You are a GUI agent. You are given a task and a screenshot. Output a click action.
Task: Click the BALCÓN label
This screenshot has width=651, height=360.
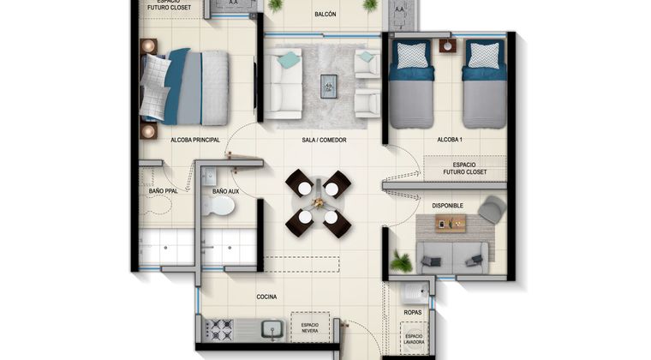(325, 14)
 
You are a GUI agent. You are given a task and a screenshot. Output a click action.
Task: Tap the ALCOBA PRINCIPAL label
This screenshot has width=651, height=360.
(195, 140)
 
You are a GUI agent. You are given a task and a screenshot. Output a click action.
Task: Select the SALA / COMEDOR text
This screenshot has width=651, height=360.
(324, 140)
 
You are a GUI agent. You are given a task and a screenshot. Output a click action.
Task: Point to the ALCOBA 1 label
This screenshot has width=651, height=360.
(450, 140)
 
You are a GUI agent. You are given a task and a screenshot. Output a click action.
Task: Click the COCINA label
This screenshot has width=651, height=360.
(266, 297)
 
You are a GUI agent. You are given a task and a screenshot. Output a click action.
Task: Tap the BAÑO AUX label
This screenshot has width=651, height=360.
(225, 191)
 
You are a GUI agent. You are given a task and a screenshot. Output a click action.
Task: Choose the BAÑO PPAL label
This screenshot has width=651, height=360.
(163, 191)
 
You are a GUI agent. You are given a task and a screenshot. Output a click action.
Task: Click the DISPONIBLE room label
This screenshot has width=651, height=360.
(447, 206)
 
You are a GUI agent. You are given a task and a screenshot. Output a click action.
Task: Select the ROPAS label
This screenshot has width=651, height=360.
(412, 312)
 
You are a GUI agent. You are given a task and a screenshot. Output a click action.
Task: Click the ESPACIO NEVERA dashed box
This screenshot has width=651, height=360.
(310, 327)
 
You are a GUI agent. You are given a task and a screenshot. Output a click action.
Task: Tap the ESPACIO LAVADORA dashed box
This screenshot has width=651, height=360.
(414, 339)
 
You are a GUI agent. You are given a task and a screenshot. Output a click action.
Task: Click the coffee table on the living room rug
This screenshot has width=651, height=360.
(328, 87)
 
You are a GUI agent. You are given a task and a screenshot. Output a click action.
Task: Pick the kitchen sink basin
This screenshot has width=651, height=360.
(272, 330)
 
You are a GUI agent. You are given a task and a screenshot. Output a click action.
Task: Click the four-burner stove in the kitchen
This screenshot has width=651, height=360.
(220, 330)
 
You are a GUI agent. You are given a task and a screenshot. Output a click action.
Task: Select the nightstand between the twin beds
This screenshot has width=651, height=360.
(447, 45)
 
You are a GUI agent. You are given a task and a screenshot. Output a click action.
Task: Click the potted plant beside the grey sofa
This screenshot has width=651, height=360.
(401, 261)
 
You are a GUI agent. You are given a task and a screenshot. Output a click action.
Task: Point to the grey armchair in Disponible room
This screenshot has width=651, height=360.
(492, 209)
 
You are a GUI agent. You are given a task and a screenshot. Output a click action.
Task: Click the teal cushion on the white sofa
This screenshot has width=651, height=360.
(289, 59)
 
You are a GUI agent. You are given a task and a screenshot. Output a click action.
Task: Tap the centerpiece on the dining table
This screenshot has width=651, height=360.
(319, 202)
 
